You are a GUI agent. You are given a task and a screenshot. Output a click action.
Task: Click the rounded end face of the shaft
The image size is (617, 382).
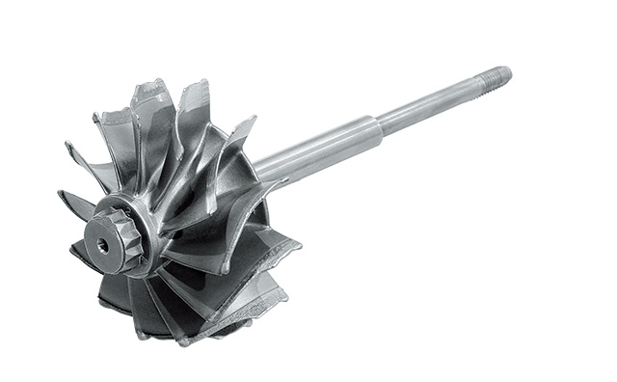click(508, 71)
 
